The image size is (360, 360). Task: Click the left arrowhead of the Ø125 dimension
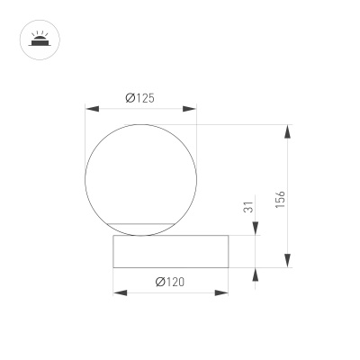90,110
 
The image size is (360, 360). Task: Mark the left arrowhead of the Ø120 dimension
119,292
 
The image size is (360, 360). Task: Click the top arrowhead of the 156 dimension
287,131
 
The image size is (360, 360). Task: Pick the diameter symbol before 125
130,97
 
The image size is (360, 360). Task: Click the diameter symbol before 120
158,282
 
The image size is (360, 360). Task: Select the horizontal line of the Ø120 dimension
170,292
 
